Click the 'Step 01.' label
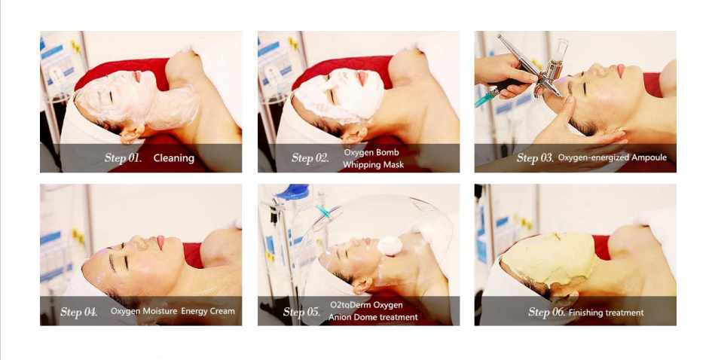click(x=123, y=158)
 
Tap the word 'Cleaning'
click(x=174, y=158)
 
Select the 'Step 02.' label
click(x=310, y=158)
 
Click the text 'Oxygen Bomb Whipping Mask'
click(x=373, y=158)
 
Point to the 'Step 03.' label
click(x=535, y=158)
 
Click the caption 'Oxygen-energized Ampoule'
click(x=612, y=158)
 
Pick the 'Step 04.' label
click(x=79, y=311)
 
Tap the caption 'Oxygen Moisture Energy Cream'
click(x=173, y=311)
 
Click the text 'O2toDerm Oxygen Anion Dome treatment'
click(x=373, y=311)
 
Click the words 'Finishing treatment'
click(x=606, y=312)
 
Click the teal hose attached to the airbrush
click(x=486, y=99)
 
